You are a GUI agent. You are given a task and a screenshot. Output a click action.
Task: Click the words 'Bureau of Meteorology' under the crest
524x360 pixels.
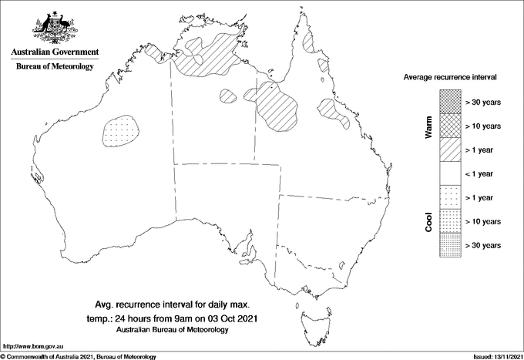coord(54,67)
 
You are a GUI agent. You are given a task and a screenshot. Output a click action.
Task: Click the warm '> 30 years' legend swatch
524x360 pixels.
coord(449,101)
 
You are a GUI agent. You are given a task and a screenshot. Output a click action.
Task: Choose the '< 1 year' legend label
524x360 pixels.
coord(483,173)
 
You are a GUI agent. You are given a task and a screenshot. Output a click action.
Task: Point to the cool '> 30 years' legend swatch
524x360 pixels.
coord(449,245)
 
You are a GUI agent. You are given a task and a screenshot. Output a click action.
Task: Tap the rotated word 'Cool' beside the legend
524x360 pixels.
coord(428,222)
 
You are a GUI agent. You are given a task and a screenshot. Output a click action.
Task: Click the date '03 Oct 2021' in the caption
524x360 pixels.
coord(230,318)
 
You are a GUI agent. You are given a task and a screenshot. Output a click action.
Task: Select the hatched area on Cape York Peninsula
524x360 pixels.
coord(311,43)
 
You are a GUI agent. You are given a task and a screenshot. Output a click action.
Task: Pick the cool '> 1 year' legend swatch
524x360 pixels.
coord(449,197)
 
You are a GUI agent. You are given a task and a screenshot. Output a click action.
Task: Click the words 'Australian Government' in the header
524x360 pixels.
coord(54,52)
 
